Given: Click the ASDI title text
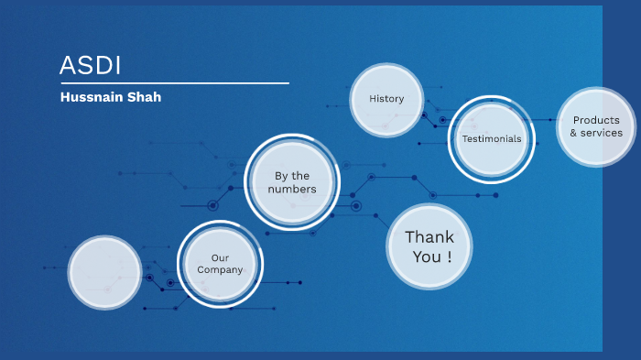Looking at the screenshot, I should pyautogui.click(x=91, y=65).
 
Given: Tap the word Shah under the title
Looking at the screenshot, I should pyautogui.click(x=144, y=97).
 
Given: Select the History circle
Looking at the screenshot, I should pyautogui.click(x=386, y=99).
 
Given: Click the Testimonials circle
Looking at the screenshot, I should pyautogui.click(x=492, y=139).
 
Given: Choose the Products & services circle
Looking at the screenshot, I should pyautogui.click(x=596, y=126).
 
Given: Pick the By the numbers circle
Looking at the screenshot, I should pyautogui.click(x=292, y=182).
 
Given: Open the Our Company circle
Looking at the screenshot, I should pyautogui.click(x=220, y=264).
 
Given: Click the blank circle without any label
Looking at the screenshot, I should pyautogui.click(x=104, y=272).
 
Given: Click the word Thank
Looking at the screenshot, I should pyautogui.click(x=429, y=236).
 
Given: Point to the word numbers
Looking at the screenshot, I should pyautogui.click(x=292, y=190).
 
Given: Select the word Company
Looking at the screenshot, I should pyautogui.click(x=221, y=270).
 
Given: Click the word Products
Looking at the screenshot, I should pyautogui.click(x=596, y=120).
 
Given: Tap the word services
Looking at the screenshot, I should pyautogui.click(x=602, y=134).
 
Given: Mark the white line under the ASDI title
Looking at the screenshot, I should pyautogui.click(x=174, y=83).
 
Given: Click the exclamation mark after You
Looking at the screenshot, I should pyautogui.click(x=449, y=257).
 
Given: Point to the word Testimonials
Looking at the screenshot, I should pyautogui.click(x=492, y=139).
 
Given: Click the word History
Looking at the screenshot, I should pyautogui.click(x=386, y=99).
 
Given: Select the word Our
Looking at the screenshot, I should pyautogui.click(x=220, y=257).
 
